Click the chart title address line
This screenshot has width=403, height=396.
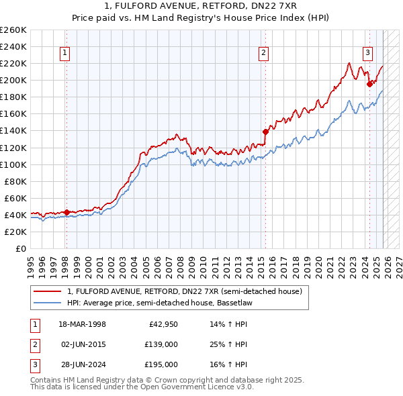click(201, 7)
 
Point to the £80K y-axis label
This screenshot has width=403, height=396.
click(15, 181)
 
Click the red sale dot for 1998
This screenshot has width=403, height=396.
click(67, 212)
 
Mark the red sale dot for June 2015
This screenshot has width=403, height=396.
click(265, 132)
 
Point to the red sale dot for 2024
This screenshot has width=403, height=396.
click(369, 84)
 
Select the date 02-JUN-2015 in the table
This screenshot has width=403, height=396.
click(83, 344)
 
